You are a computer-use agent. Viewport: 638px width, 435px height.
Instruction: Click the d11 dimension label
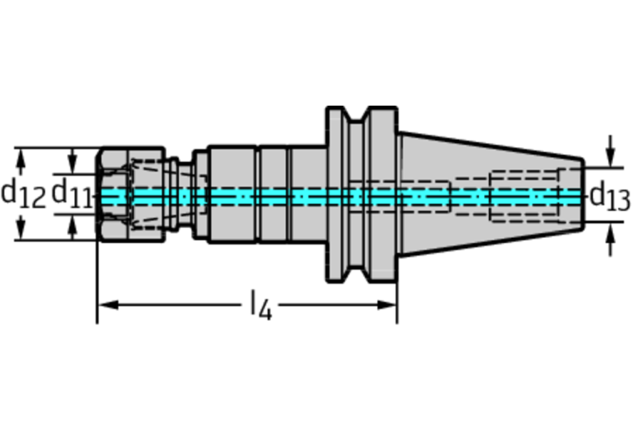coord(72,193)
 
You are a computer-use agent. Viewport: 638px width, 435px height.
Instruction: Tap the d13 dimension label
coord(610,196)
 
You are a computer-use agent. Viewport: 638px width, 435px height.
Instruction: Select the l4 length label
coord(260,304)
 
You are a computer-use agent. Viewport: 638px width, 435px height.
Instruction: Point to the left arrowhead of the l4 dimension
coord(108,304)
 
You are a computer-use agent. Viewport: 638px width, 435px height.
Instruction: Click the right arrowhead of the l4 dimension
coord(387,304)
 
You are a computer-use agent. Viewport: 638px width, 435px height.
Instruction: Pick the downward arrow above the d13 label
coord(610,151)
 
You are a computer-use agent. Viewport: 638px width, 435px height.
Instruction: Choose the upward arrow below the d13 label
coord(610,240)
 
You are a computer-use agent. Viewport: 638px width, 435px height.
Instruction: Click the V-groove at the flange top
coord(357,114)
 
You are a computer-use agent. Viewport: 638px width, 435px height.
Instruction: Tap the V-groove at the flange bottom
coord(357,274)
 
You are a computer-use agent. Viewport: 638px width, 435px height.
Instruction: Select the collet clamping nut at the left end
coord(131,195)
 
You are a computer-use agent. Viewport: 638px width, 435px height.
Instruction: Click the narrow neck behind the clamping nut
coord(185,195)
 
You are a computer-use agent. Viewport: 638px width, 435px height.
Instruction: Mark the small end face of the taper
coord(583,195)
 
